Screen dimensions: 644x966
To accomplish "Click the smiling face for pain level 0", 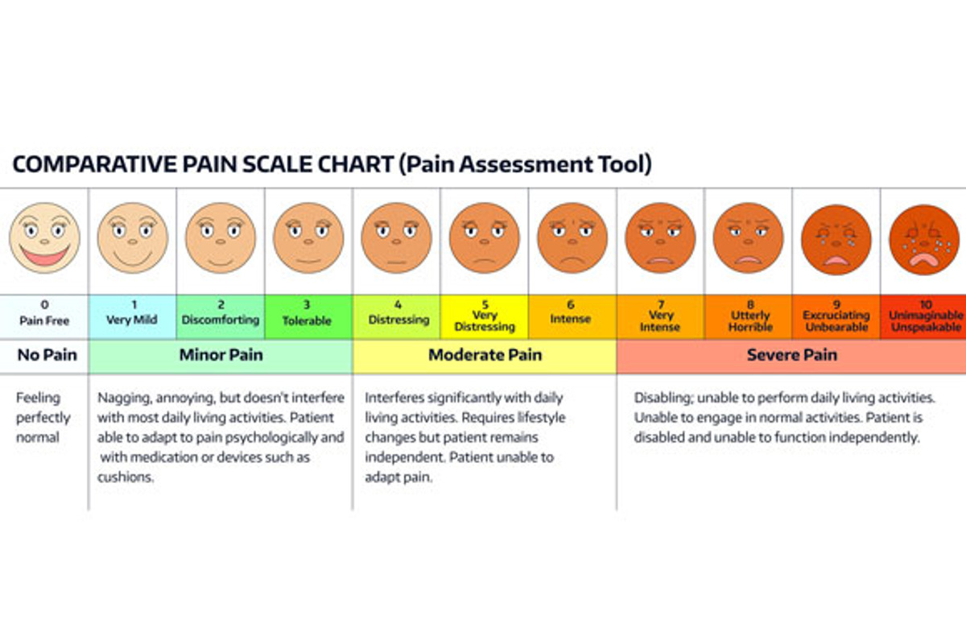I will coord(44,238).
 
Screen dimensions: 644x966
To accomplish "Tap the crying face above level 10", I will coord(924,238).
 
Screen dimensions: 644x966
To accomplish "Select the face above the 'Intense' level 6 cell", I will coord(572,238).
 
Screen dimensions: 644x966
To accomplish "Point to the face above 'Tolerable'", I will coord(308,238).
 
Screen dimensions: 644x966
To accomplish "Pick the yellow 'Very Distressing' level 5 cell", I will coord(485,316).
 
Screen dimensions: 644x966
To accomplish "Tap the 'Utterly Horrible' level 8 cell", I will coord(749,316).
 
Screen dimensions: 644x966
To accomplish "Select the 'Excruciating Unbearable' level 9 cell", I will coord(836,316).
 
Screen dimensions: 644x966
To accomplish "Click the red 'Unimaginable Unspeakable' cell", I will coord(924,316).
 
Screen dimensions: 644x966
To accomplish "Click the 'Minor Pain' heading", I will coord(221,355).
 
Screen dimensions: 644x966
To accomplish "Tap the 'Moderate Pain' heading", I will coord(485,355).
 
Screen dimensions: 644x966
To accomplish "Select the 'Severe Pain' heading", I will coord(791,355).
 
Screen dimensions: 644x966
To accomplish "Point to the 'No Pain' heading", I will coord(44,355).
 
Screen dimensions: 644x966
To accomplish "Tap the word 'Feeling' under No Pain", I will coord(39,398).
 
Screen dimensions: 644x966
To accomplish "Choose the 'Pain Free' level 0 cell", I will coord(44,316).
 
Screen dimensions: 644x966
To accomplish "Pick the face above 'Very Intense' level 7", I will coord(660,238).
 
